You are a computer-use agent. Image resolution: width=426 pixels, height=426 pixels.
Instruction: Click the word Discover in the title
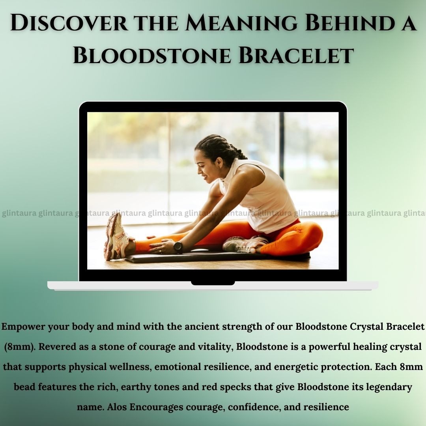click(69, 23)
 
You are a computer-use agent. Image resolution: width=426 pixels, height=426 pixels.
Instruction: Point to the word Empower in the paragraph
click(23, 327)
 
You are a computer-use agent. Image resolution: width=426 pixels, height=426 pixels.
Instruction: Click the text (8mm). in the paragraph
click(20, 347)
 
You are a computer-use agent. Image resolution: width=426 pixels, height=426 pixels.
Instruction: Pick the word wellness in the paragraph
click(129, 367)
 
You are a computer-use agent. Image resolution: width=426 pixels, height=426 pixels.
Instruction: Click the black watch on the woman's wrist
click(178, 246)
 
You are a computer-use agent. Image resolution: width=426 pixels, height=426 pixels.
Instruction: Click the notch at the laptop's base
click(213, 283)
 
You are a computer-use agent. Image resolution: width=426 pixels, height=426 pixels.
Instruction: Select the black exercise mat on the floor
click(217, 257)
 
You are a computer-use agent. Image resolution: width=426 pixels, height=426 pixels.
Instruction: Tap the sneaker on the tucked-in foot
click(243, 244)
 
